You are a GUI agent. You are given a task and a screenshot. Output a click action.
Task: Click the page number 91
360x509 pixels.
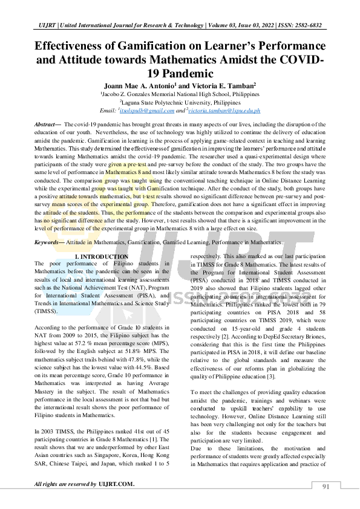(326, 487)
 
